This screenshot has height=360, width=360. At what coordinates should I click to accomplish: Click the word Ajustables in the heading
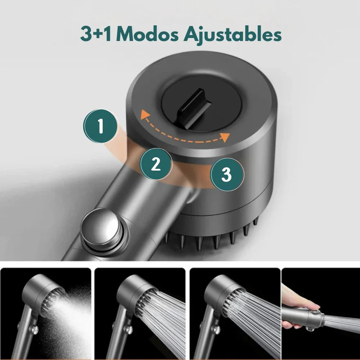[x=232, y=35]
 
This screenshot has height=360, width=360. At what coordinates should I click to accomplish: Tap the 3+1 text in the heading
[x=96, y=34]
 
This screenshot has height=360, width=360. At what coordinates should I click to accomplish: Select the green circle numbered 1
[x=100, y=126]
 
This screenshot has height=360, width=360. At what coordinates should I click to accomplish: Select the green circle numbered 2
[x=156, y=164]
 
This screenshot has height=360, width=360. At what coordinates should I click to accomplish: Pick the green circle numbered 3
[x=227, y=175]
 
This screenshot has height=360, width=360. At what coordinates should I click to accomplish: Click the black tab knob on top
[x=195, y=108]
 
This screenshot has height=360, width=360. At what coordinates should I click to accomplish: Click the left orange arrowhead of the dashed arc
[x=145, y=114]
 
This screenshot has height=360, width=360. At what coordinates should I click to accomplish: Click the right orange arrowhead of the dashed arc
[x=225, y=137]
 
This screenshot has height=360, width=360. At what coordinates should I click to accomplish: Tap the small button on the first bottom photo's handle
[x=34, y=330]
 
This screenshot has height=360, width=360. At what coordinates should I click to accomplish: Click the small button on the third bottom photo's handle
[x=216, y=330]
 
